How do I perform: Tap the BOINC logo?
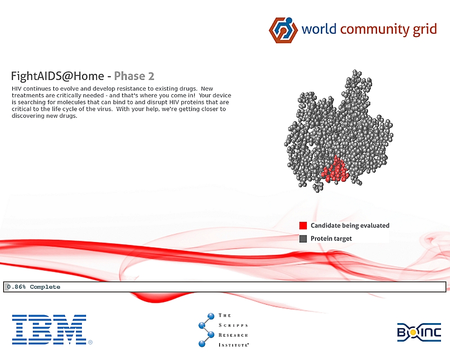click(419, 332)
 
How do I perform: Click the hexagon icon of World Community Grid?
click(283, 30)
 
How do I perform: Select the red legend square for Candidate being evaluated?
click(303, 225)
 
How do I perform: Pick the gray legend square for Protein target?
click(303, 238)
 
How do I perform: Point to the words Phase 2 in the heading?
click(134, 76)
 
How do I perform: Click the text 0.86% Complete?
click(34, 287)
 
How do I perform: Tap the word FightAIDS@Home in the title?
click(58, 76)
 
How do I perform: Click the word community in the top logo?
click(374, 29)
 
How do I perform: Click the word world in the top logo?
click(319, 29)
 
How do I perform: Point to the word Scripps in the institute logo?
click(233, 325)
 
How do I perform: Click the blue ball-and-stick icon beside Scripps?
click(207, 330)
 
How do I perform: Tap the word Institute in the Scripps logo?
click(234, 345)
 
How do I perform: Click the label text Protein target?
click(331, 238)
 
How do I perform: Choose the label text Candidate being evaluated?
click(350, 225)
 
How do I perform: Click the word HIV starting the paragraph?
click(17, 89)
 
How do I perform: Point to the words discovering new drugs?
click(45, 116)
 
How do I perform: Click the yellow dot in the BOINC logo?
click(412, 333)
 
